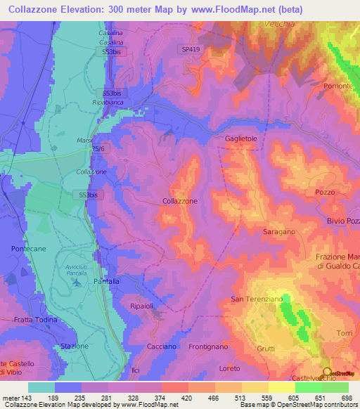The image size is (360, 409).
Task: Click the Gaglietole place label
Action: coord(243,139)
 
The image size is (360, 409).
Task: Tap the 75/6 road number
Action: coord(97,149)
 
